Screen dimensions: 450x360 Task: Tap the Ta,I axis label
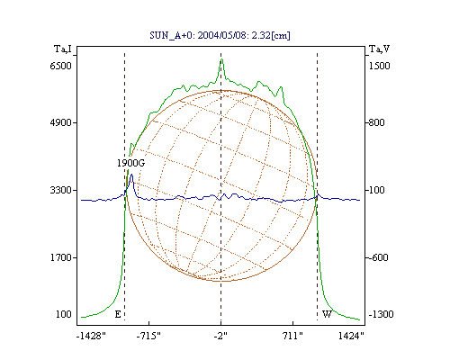click(x=63, y=49)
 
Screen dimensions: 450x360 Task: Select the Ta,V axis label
click(x=379, y=49)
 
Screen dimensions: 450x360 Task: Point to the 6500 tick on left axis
click(x=60, y=66)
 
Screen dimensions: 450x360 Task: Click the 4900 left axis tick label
click(x=60, y=122)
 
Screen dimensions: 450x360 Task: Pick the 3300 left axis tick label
click(x=60, y=190)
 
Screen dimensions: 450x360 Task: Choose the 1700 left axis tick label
click(x=60, y=257)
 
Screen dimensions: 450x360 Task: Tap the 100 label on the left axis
click(x=64, y=314)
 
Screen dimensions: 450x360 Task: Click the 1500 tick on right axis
click(x=379, y=66)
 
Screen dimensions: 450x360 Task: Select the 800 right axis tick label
click(x=376, y=122)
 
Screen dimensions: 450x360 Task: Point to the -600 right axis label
click(x=378, y=257)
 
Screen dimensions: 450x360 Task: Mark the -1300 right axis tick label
click(x=381, y=314)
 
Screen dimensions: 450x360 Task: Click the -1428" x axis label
click(x=91, y=336)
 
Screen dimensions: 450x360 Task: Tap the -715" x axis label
click(x=148, y=336)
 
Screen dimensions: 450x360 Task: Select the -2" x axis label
click(x=220, y=336)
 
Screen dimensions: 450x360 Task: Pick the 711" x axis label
click(x=292, y=336)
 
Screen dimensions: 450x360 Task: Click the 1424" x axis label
click(x=351, y=336)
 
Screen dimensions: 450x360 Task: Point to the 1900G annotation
click(x=130, y=163)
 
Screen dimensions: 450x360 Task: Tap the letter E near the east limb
click(x=118, y=314)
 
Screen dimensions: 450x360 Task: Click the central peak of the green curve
click(x=221, y=59)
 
